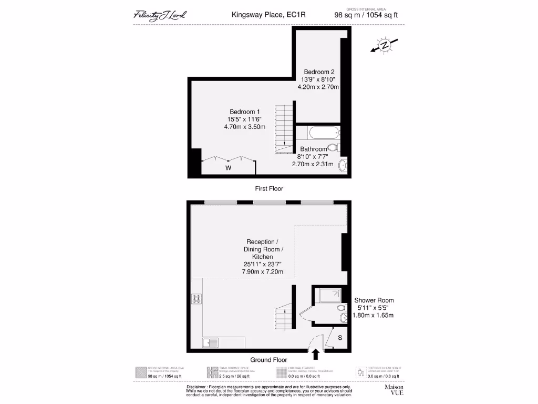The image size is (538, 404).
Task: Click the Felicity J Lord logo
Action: coord(159,15)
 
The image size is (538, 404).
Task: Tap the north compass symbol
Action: coord(385,46)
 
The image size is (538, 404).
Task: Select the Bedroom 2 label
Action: coord(319,72)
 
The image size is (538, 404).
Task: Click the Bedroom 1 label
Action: coord(244,112)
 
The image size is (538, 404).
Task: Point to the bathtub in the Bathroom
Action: coord(317,132)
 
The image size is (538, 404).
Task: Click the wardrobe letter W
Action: coord(228,168)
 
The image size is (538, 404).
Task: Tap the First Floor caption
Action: coord(268,188)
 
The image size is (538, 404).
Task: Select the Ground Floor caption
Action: coord(268,360)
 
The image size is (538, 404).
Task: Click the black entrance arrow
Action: coord(316,355)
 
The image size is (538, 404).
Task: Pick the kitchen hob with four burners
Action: coord(197,299)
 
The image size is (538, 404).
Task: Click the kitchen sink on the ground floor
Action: coord(209,343)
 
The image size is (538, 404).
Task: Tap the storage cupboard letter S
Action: coord(340,338)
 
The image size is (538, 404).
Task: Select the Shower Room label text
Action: coord(374,300)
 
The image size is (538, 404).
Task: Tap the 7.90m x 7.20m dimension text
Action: coord(263,272)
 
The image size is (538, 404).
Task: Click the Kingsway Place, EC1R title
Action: coord(268,15)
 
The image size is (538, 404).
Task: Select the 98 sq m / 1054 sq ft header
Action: coord(366,15)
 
